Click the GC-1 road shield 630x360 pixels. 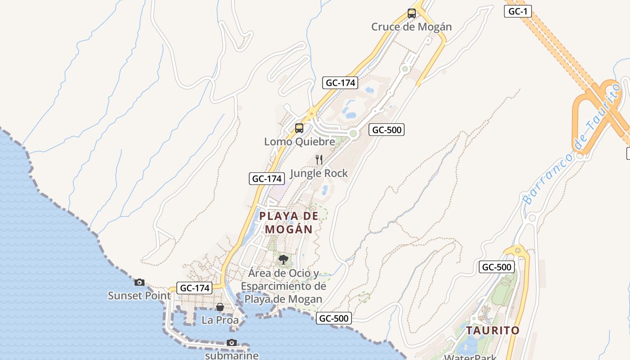coord(517,11)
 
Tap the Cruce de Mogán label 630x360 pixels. coord(411,27)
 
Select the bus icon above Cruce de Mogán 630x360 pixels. coord(412,13)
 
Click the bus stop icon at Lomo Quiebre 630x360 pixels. coord(299,128)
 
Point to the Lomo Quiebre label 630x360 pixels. coord(299,142)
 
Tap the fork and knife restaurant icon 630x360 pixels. coord(319,160)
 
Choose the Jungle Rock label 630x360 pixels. coord(319,173)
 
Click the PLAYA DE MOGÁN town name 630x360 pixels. coord(289,222)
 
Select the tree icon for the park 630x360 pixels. coord(283,259)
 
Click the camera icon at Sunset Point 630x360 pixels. coord(139,282)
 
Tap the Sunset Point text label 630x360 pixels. coord(139,296)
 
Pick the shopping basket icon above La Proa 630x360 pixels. coord(220,307)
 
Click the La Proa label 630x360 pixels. coord(220,320)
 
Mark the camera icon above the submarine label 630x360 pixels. coord(232,342)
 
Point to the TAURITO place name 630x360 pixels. coord(493,330)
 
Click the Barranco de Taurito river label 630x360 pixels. coord(571,144)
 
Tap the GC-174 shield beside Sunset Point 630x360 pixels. coord(195,288)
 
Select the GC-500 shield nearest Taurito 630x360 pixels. coord(496,267)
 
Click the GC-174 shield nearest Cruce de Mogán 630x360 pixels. coord(340,83)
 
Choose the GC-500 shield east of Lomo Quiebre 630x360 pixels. coord(387,130)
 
